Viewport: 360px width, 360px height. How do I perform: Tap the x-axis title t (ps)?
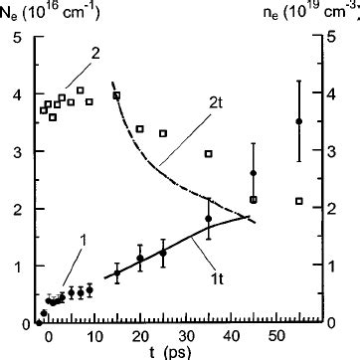[176, 350]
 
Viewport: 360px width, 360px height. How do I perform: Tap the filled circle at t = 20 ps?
[140, 259]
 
